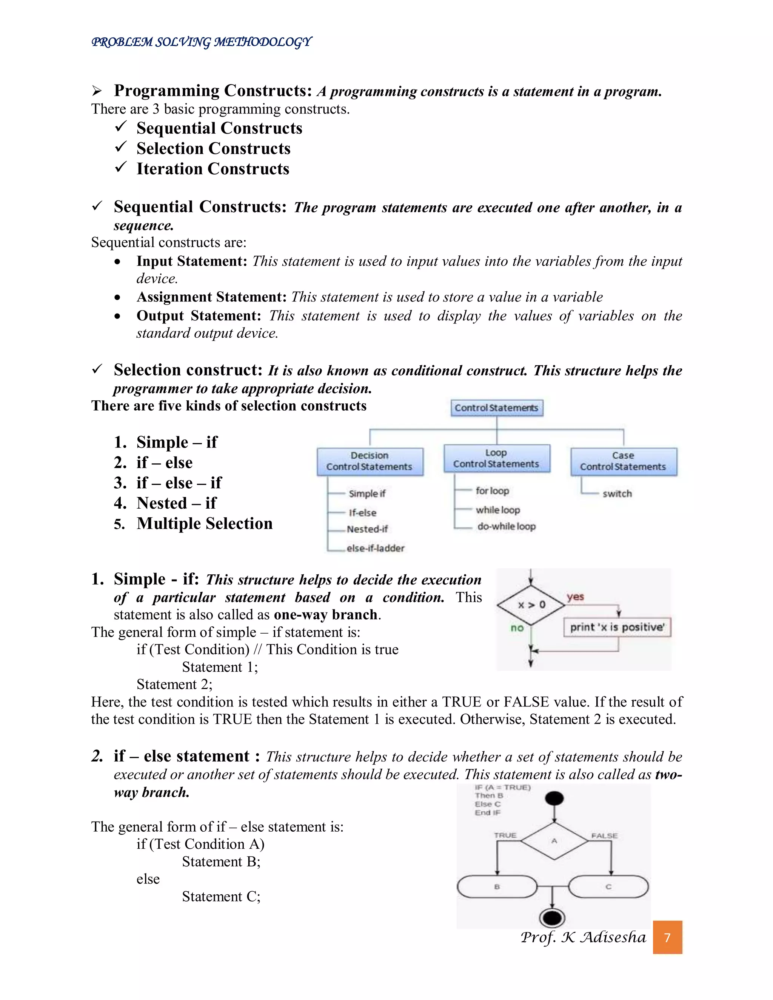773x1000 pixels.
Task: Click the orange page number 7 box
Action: tap(667, 937)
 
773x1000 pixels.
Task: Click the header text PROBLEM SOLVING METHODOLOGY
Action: tap(202, 42)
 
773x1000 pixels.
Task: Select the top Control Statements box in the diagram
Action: tap(496, 408)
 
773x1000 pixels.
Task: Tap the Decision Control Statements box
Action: tap(370, 461)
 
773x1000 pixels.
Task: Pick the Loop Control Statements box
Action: tap(496, 458)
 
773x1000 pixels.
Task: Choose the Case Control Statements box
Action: tap(623, 461)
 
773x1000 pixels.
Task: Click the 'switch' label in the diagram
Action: tap(617, 494)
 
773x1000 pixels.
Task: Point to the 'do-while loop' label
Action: tap(506, 526)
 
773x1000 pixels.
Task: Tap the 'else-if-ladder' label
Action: tap(376, 548)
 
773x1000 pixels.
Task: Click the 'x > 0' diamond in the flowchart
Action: tap(531, 605)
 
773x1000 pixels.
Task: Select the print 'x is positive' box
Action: tap(617, 627)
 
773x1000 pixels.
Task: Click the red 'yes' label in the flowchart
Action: tap(575, 597)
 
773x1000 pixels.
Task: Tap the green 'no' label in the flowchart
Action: tap(517, 628)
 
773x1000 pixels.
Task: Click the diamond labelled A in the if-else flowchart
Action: tap(554, 841)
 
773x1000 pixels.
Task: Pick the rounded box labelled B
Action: tap(497, 887)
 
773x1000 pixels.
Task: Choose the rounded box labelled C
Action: tap(608, 887)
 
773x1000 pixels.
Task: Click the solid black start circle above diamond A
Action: tap(554, 798)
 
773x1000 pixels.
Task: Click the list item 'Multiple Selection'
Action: tap(204, 523)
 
